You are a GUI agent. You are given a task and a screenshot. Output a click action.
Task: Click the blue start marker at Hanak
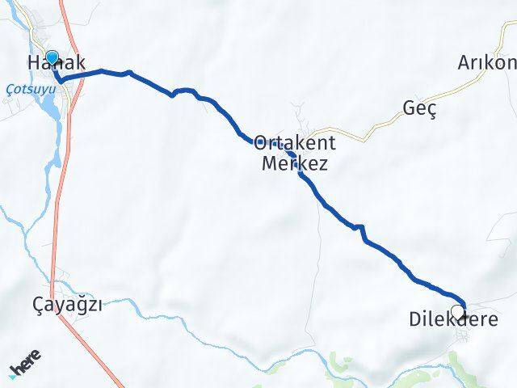pos(53,57)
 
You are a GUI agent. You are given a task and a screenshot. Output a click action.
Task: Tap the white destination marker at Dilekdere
pos(458,311)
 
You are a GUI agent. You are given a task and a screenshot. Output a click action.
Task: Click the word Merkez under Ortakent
pos(295,163)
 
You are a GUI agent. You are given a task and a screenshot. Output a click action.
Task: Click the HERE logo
pos(27,368)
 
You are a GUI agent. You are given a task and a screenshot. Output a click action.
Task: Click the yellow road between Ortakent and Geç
pos(364,128)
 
